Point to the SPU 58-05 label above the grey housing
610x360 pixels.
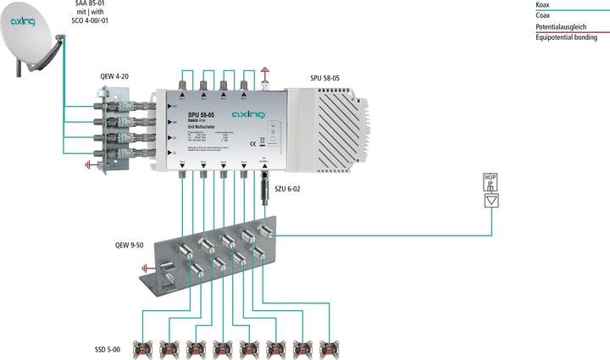(325, 79)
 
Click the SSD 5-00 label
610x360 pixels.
(108, 348)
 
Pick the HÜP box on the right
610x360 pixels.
(490, 184)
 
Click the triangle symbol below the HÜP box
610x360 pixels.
(490, 201)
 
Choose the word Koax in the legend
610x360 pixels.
(542, 5)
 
